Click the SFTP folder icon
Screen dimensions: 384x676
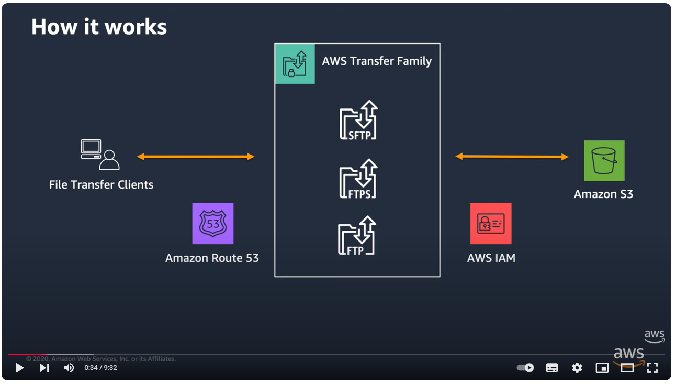tap(358, 120)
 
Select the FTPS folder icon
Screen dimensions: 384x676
tap(358, 179)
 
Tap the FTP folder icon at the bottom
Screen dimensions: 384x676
tap(357, 236)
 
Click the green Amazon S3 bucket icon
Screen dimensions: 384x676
tap(604, 161)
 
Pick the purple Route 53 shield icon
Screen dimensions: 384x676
tap(213, 224)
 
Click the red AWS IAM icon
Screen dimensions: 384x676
tap(491, 224)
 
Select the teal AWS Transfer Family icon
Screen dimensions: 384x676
tap(295, 64)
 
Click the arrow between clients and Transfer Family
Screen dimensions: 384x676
tap(196, 157)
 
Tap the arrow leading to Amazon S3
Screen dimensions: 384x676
tap(512, 157)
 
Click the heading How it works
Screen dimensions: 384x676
tap(99, 27)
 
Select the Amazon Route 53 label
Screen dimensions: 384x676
tap(212, 258)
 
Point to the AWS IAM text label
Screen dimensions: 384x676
tap(491, 258)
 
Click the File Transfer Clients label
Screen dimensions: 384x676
tap(101, 185)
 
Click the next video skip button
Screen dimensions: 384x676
tap(44, 368)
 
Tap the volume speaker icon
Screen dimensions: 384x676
tap(69, 368)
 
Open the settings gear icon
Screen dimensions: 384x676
tap(577, 368)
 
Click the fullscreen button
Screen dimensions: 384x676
tap(652, 368)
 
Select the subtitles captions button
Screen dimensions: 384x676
tap(552, 368)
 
